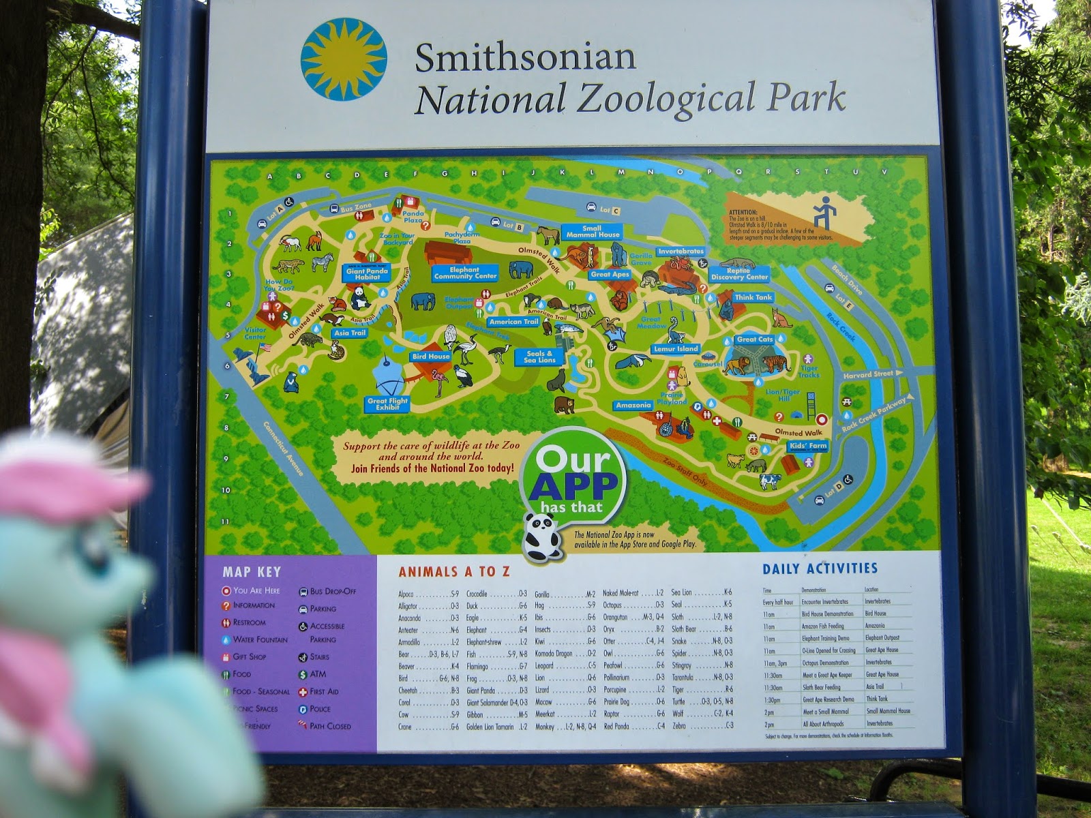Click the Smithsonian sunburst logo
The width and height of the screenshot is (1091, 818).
344,59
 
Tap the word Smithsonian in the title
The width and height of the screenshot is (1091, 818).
525,57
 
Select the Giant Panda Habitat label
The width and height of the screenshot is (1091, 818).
367,274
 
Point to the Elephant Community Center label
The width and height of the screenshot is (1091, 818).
465,273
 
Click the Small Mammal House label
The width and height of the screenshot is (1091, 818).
592,232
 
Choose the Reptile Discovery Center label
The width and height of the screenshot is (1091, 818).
739,273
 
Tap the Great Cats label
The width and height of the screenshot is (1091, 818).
755,339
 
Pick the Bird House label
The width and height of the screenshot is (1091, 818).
430,357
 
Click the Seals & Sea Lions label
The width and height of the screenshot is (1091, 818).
539,357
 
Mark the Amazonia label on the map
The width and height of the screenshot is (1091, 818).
633,406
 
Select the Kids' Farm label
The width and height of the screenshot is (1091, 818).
807,446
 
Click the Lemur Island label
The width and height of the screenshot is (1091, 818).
676,349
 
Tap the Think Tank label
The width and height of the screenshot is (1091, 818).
753,297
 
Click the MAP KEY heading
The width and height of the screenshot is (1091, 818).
252,572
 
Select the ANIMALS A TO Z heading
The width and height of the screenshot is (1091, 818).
454,572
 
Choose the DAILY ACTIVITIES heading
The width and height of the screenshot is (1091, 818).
820,569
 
